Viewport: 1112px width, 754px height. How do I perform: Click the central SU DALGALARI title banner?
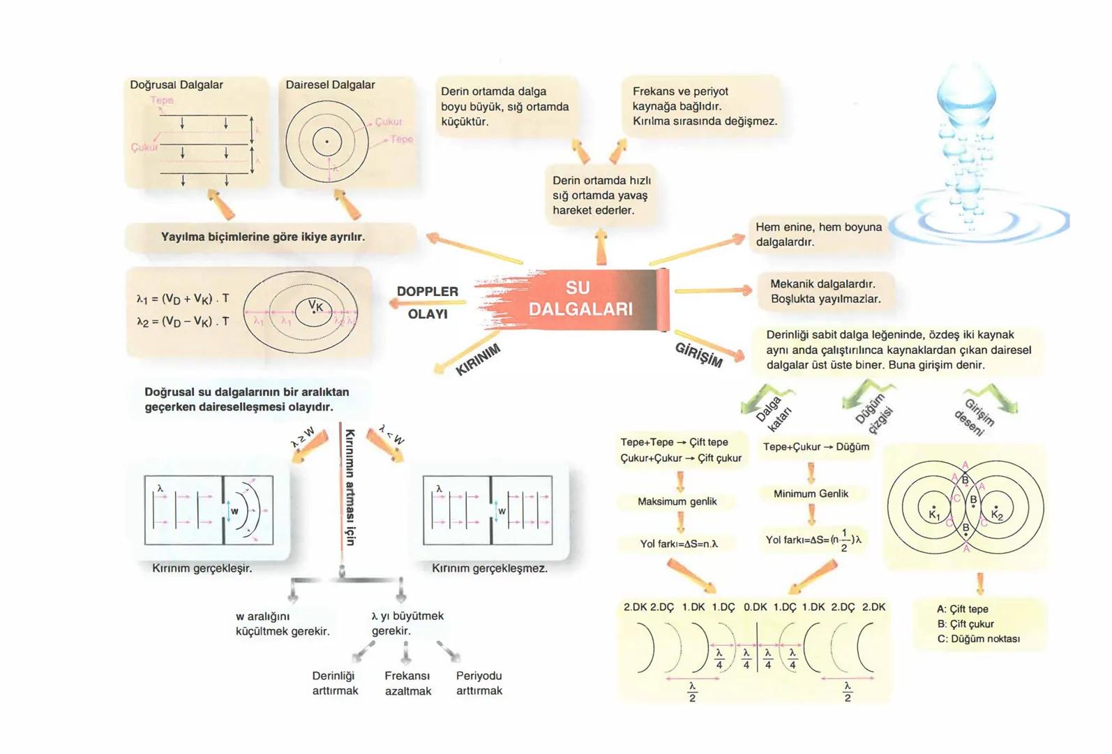tap(580, 299)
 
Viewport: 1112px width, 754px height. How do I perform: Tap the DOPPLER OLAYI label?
tap(428, 302)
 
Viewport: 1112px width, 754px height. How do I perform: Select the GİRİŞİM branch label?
tap(699, 355)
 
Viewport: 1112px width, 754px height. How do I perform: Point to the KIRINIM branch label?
tap(478, 360)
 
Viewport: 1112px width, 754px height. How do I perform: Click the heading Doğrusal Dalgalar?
tap(176, 85)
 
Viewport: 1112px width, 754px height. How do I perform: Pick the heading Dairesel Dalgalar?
tap(330, 85)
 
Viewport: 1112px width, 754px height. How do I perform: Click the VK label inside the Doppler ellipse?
tap(316, 306)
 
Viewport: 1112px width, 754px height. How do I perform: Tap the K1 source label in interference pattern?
tap(935, 515)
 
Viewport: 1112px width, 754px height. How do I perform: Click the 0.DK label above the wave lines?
tap(756, 607)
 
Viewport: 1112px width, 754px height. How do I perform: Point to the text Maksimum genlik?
tap(677, 501)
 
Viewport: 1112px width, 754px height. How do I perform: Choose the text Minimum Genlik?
tap(811, 494)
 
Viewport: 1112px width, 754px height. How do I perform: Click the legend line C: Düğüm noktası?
tap(978, 639)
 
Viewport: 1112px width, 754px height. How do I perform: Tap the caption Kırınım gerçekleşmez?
tap(490, 568)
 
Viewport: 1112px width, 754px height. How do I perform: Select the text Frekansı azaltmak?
tap(407, 683)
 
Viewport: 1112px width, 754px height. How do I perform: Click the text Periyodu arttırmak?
tap(479, 683)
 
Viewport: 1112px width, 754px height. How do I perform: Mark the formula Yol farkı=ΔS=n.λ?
tap(679, 543)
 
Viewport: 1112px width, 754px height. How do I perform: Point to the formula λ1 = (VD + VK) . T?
tap(183, 299)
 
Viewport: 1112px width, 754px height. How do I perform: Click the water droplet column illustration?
tap(970, 140)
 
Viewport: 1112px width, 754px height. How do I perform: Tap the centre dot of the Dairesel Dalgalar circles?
tap(326, 142)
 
